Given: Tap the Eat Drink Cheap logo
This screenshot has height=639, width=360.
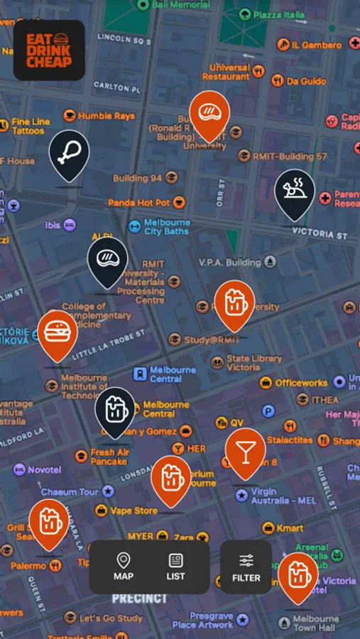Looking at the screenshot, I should click(49, 50).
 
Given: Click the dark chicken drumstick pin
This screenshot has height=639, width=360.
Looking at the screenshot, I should click(69, 153).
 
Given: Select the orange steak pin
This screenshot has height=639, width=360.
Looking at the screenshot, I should click(209, 114).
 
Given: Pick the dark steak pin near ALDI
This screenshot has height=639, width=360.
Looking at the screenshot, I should click(107, 259).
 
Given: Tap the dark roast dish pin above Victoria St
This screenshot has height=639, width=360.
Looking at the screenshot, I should click(295, 192).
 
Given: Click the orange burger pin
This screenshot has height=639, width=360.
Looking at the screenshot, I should click(58, 332).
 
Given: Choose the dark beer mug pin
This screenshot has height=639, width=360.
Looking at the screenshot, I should click(115, 409).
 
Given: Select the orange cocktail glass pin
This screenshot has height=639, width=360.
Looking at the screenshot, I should click(245, 451).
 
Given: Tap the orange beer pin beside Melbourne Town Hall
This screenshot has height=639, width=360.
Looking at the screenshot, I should click(298, 575).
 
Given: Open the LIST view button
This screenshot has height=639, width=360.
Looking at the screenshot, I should click(175, 567).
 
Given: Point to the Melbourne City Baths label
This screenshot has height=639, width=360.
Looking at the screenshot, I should click(166, 227).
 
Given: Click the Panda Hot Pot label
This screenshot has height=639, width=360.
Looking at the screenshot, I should click(139, 203).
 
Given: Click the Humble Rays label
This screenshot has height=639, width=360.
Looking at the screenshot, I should click(106, 116).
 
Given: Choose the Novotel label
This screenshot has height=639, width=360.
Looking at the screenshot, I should click(45, 470).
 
